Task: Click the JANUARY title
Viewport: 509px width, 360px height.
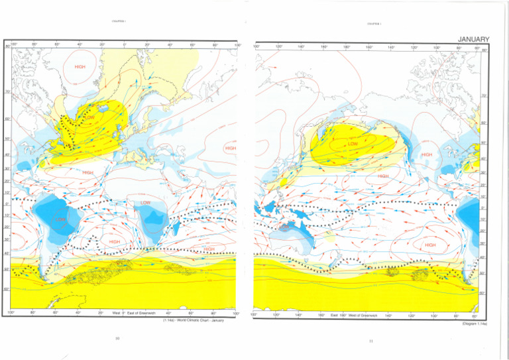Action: [472, 40]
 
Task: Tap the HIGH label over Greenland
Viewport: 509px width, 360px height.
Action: [80, 66]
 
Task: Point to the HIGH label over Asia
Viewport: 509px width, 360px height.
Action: [231, 149]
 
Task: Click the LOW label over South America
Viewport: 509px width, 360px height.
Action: [60, 219]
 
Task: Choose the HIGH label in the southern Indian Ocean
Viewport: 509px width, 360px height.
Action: [209, 249]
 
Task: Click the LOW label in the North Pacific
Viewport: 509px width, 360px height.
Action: [353, 143]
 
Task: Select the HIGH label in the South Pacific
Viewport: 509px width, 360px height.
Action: [430, 245]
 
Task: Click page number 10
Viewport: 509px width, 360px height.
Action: [117, 339]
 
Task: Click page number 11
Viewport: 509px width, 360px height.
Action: [371, 341]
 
